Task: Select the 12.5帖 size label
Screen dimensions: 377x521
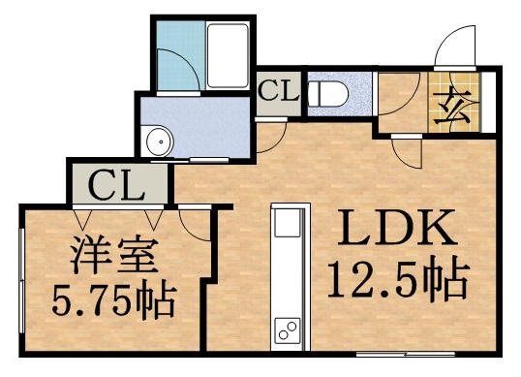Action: point(396,281)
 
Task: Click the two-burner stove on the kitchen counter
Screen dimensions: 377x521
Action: point(287,331)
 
